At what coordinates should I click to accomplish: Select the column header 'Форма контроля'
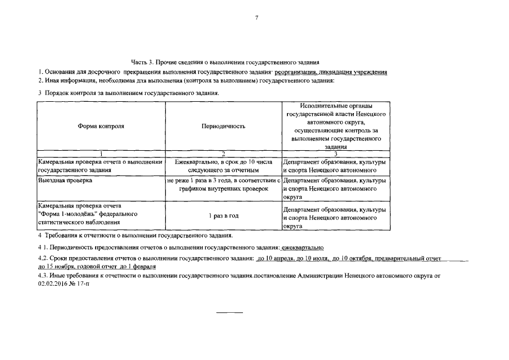click(x=101, y=127)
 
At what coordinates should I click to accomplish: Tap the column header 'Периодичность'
click(x=223, y=127)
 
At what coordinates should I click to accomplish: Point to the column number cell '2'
click(x=223, y=153)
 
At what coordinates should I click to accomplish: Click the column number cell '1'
click(x=101, y=153)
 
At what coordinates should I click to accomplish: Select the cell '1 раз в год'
click(x=223, y=216)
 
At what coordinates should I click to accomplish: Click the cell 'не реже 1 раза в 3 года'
click(x=223, y=181)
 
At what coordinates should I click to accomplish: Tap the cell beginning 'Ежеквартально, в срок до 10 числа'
click(x=223, y=165)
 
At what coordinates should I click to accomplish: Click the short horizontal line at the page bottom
click(x=230, y=312)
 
